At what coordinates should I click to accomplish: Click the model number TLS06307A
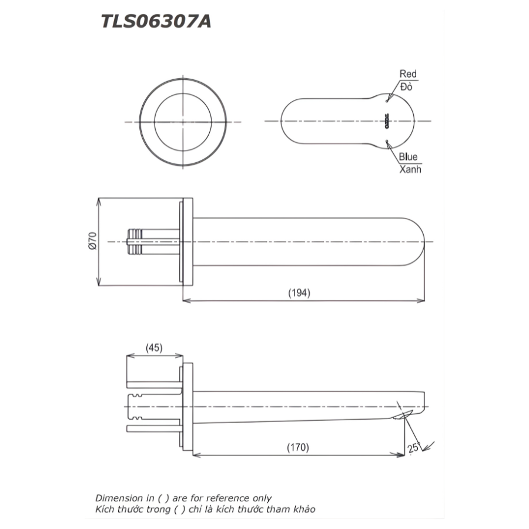(x=156, y=22)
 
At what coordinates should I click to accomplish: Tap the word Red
(x=408, y=74)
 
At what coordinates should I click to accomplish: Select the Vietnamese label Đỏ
(x=407, y=86)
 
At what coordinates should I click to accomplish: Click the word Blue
(x=408, y=157)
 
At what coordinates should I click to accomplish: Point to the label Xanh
(x=410, y=169)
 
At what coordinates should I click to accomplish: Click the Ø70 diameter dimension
(x=92, y=242)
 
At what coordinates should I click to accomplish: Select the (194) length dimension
(x=299, y=292)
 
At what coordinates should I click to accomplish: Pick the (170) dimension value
(x=298, y=447)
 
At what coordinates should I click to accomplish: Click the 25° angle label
(x=414, y=448)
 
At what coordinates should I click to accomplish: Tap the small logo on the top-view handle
(x=387, y=122)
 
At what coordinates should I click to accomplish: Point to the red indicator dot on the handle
(x=387, y=102)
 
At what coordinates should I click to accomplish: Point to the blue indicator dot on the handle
(x=387, y=140)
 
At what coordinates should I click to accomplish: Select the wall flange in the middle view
(x=187, y=242)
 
